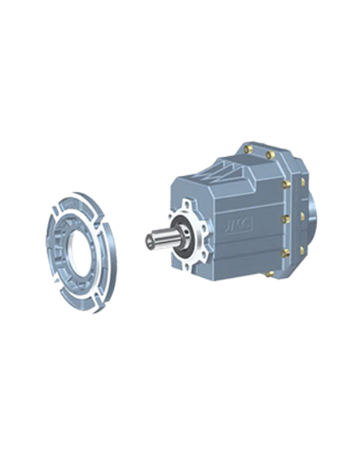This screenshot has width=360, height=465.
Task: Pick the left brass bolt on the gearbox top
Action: (x=250, y=147)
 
